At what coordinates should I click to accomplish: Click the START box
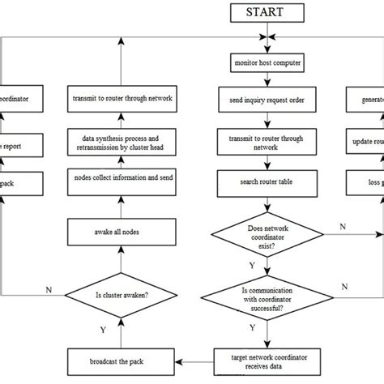pyautogui.click(x=267, y=12)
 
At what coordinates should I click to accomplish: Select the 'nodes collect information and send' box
pyautogui.click(x=121, y=177)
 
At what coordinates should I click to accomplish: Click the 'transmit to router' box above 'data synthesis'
pyautogui.click(x=121, y=100)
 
